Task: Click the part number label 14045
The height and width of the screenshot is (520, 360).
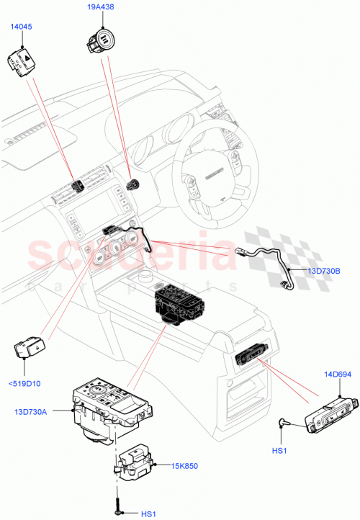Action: [20, 27]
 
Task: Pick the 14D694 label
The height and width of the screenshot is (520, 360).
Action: [337, 375]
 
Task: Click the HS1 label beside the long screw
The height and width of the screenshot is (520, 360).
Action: [148, 514]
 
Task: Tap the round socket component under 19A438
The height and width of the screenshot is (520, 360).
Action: [101, 39]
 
